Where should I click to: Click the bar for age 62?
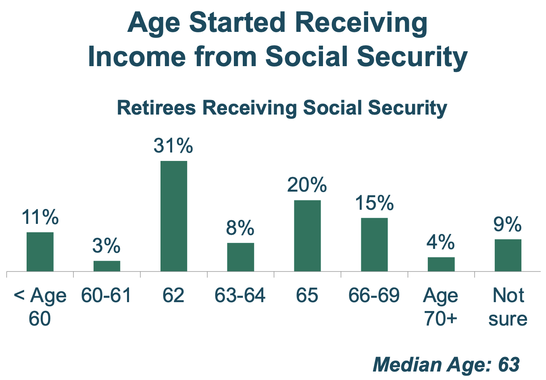coord(174,216)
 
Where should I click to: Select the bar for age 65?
coord(307,236)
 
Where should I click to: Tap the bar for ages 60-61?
coord(107,266)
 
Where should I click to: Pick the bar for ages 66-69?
coord(374,244)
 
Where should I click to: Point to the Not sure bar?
coord(508,255)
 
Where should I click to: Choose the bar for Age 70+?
coord(441,264)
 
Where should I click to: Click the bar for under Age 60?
coord(40,251)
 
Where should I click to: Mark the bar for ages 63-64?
coord(240,257)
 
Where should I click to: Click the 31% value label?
coord(173,146)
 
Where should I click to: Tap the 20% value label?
coord(307,185)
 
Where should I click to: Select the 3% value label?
coord(106,246)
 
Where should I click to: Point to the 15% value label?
coord(374,203)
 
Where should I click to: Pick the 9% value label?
coord(508,224)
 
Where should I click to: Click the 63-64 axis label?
coord(240,296)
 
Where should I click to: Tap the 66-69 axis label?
coord(374,296)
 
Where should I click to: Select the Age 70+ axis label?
coord(441,307)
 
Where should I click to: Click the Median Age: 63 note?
coord(446,365)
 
